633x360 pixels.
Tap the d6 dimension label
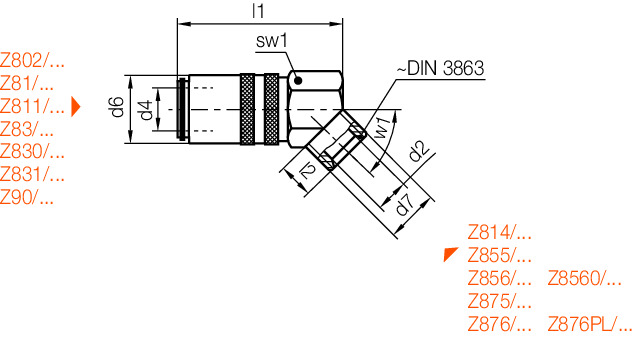click(117, 107)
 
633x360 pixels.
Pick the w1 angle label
click(382, 129)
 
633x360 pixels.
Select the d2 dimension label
click(419, 153)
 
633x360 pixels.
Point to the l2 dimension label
click(309, 173)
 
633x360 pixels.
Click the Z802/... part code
click(34, 59)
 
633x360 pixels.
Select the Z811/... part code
click(32, 105)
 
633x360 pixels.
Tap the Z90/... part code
click(27, 197)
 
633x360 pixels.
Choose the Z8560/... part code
click(584, 277)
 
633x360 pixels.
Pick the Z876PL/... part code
click(590, 323)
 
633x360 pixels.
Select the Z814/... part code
click(499, 231)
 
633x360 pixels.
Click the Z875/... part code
click(499, 300)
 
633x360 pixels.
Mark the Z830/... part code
click(32, 151)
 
